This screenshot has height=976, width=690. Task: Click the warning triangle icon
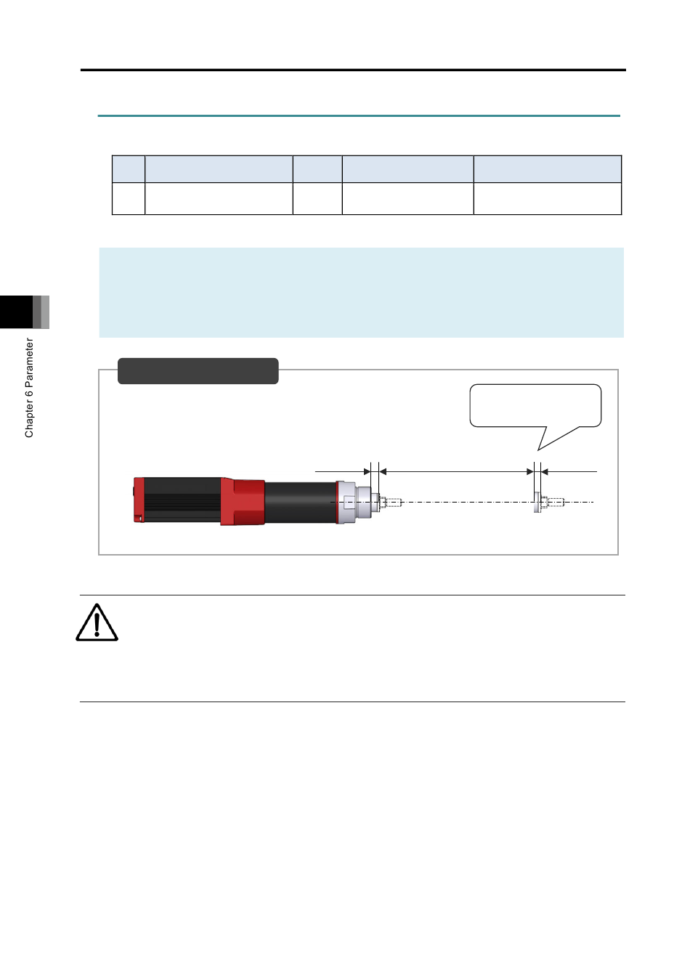click(97, 622)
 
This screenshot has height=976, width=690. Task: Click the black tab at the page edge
click(17, 312)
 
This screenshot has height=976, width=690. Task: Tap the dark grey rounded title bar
click(198, 371)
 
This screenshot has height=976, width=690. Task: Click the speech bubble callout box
click(535, 405)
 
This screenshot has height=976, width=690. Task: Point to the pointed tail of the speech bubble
click(539, 450)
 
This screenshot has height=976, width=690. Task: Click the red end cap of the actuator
click(139, 500)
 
